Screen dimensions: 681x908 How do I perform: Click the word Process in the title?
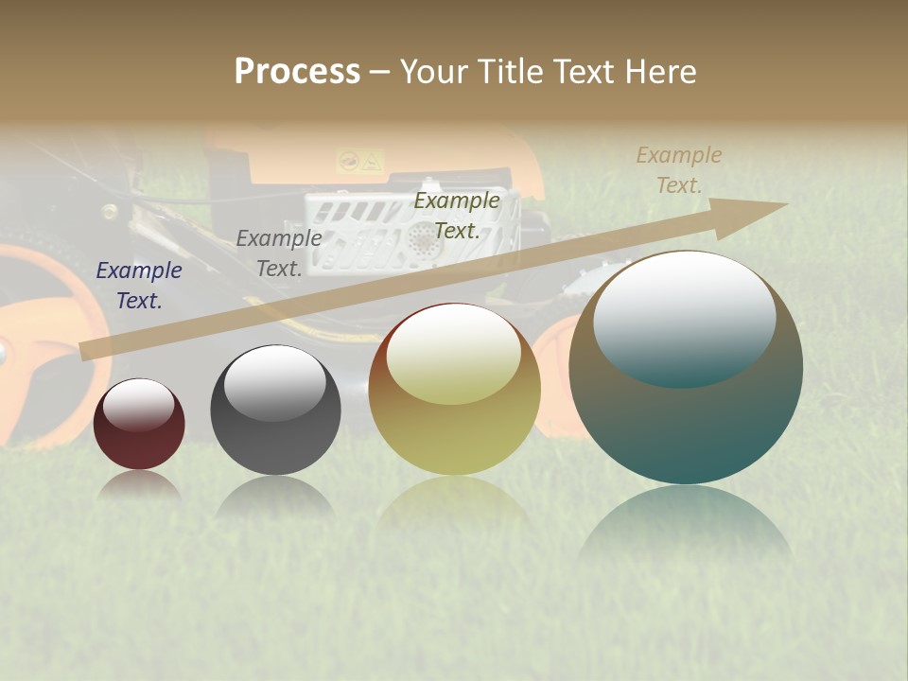pos(297,72)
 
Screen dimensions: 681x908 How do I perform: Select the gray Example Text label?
pos(278,253)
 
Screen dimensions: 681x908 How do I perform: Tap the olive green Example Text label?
pos(457,215)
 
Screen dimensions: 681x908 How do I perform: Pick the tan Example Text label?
pos(678,170)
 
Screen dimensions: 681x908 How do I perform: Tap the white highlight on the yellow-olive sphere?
pos(453,357)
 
